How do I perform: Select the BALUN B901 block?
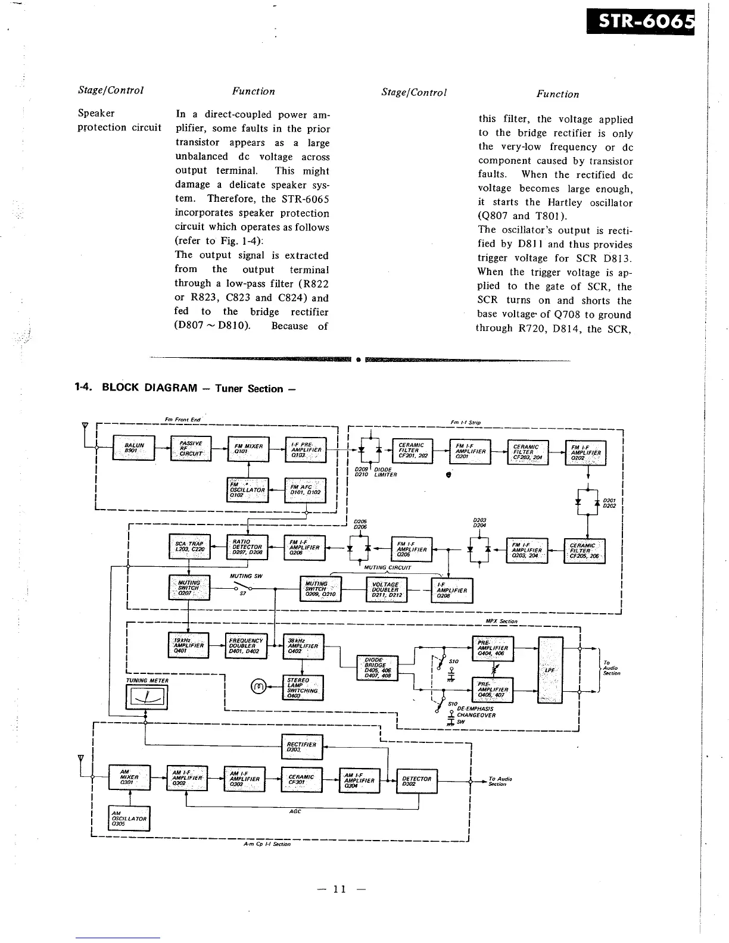pyautogui.click(x=133, y=448)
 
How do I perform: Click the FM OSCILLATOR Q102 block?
pyautogui.click(x=248, y=491)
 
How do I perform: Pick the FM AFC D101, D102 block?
pyautogui.click(x=305, y=490)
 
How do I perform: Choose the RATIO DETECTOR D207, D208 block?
pyautogui.click(x=247, y=547)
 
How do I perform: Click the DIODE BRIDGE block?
pyautogui.click(x=376, y=667)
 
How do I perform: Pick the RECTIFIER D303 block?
pyautogui.click(x=301, y=747)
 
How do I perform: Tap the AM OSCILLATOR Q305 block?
pyautogui.click(x=129, y=819)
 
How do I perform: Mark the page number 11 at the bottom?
pyautogui.click(x=339, y=889)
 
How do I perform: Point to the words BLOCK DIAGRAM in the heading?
pyautogui.click(x=149, y=388)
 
